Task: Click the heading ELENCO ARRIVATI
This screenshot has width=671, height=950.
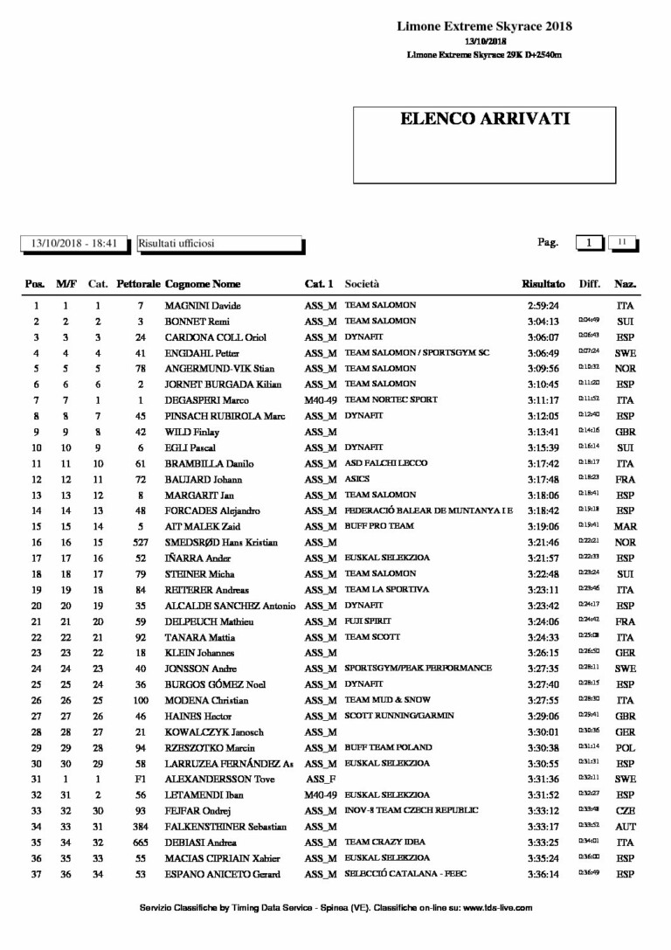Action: (x=484, y=119)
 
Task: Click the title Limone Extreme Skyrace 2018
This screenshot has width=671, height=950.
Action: (x=484, y=26)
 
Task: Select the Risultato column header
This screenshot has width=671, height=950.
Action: (x=543, y=284)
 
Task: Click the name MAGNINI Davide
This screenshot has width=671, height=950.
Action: (x=203, y=306)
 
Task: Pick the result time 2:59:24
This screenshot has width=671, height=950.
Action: (x=543, y=306)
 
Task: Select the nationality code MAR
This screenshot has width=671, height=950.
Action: (x=625, y=526)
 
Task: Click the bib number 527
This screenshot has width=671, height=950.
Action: (x=140, y=542)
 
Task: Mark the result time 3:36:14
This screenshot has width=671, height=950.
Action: (x=543, y=874)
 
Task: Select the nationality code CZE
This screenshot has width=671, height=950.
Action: (x=625, y=810)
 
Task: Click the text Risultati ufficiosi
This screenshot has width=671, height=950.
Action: (x=176, y=244)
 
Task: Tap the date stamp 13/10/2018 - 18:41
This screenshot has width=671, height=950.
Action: (x=74, y=244)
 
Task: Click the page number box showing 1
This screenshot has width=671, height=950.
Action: (x=590, y=243)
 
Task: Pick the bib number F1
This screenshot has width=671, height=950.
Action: (x=140, y=779)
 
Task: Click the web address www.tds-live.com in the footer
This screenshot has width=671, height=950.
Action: (x=497, y=908)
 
